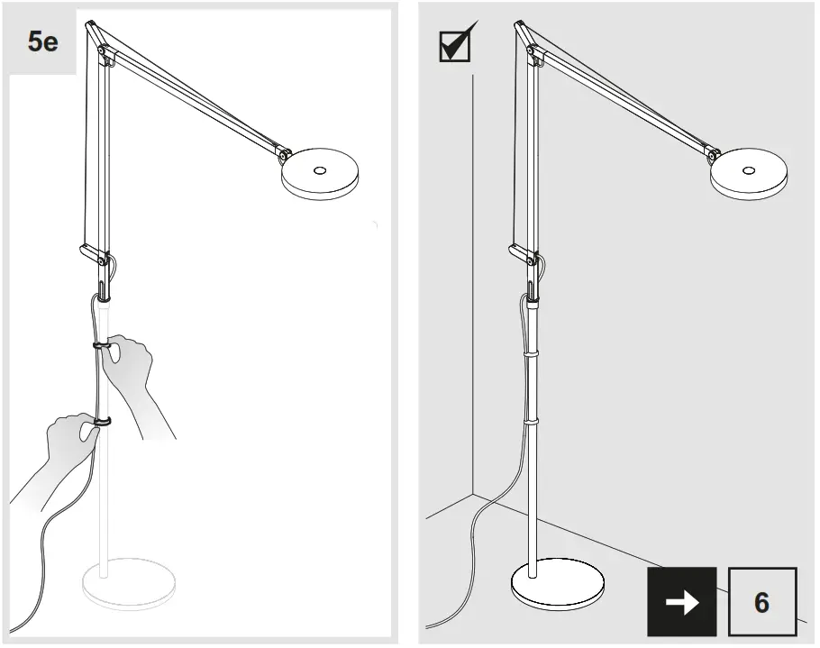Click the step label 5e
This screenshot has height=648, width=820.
pos(42,42)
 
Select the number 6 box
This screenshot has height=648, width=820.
pos(761,602)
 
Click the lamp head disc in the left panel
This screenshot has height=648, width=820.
pos(319,176)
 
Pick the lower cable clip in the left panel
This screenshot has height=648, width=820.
pos(101,421)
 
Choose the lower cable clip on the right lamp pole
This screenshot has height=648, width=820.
pos(532,421)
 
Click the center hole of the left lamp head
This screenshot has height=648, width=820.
pos(319,169)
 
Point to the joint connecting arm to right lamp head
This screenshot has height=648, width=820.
pos(714,156)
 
